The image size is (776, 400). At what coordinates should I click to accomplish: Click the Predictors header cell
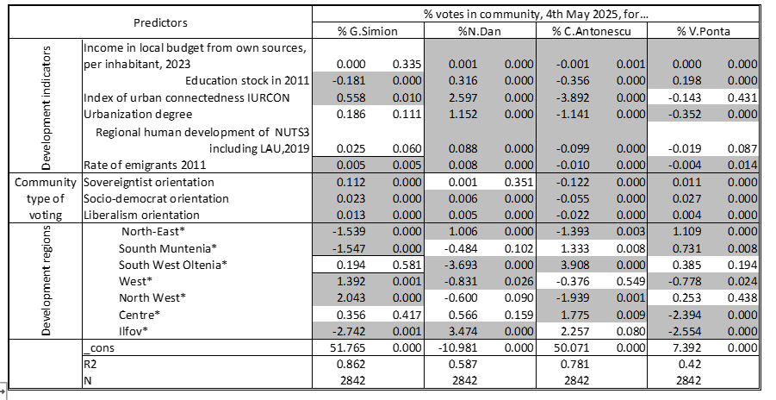160,22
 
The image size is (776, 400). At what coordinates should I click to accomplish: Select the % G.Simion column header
368,31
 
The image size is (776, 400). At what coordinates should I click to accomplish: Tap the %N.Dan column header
480,31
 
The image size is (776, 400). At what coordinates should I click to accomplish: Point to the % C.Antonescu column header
592,31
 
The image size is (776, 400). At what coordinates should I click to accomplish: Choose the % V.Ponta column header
704,31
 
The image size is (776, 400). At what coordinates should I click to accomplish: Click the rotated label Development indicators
46,108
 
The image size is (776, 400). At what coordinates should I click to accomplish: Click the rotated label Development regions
46,280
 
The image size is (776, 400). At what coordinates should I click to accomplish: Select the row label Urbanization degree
138,115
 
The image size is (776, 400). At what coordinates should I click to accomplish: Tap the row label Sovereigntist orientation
148,182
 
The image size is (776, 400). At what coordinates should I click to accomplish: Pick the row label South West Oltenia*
173,265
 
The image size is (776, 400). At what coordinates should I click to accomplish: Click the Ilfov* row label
133,331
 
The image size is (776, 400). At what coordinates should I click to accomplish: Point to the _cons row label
98,348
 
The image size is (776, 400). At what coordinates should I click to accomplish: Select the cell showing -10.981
458,347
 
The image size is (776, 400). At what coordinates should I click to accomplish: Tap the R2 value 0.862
351,364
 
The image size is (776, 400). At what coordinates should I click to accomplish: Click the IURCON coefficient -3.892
572,97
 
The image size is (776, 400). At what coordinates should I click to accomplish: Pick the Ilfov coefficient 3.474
463,331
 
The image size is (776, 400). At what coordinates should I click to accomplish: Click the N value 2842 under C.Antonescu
577,380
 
